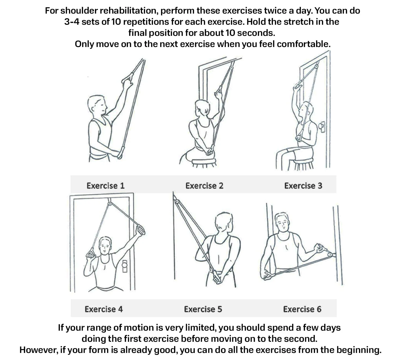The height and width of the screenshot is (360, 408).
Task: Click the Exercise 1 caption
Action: pyautogui.click(x=106, y=186)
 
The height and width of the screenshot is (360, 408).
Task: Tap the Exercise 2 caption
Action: pyautogui.click(x=204, y=186)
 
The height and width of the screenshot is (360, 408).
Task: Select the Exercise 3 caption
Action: pyautogui.click(x=303, y=186)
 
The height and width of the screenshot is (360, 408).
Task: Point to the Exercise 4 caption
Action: pyautogui.click(x=104, y=309)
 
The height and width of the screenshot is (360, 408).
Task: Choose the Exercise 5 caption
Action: pyautogui.click(x=203, y=309)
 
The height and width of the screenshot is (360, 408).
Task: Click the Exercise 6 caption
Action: pyautogui.click(x=302, y=309)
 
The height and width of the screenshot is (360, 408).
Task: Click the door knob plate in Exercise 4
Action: pyautogui.click(x=125, y=266)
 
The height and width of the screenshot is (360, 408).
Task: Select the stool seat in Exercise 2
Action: pyautogui.click(x=204, y=161)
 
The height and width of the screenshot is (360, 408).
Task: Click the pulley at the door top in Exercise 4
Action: pyautogui.click(x=110, y=203)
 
